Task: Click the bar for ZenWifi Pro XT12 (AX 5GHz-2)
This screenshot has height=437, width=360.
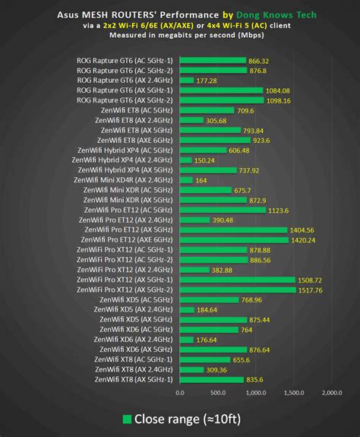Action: point(238,290)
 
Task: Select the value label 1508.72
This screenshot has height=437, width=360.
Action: point(313,280)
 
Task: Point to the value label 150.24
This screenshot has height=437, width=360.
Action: point(205,160)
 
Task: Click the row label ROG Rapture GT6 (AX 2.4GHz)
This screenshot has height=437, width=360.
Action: point(125,80)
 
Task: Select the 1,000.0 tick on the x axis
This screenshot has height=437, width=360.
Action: point(255,393)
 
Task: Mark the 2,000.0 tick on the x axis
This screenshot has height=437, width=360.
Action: point(331,393)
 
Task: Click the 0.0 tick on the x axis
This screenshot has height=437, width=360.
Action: point(180,393)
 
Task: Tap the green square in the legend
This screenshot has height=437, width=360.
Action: point(127,419)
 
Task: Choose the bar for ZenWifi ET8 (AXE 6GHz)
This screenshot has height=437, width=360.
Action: point(215,140)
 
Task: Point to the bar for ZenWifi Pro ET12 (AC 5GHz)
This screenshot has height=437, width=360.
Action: point(223,210)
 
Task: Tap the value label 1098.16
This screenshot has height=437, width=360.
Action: point(278,100)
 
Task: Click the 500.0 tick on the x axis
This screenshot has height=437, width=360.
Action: point(217,393)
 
